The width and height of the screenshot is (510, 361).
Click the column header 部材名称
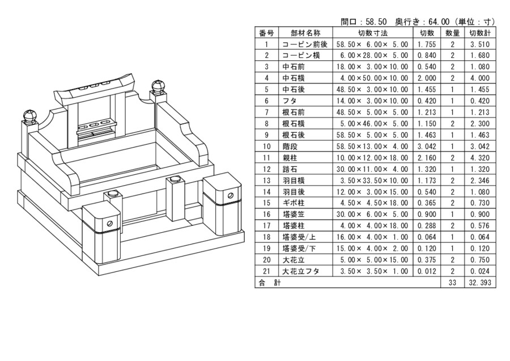click(305, 33)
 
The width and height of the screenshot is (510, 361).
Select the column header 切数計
click(479, 33)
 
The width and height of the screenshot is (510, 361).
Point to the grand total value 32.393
click(479, 282)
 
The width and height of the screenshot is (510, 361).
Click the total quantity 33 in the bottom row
click(452, 282)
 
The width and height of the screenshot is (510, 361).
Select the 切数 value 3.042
click(426, 146)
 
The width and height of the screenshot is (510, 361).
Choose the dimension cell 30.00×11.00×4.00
click(372, 169)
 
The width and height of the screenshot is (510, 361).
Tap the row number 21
click(266, 271)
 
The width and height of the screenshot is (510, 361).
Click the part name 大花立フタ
click(300, 271)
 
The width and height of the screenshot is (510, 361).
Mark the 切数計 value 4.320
click(479, 157)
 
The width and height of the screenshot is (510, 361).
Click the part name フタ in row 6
click(288, 100)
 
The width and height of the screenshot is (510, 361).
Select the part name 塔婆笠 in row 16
click(292, 214)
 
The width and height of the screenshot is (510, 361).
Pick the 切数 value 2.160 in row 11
click(426, 157)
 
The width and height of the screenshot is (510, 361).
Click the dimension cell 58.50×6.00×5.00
click(372, 44)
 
